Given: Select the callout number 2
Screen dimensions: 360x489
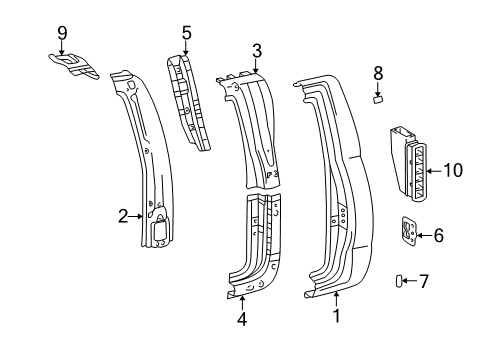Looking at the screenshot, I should tap(123, 214).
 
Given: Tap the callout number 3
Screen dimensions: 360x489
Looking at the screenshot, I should tap(257, 50).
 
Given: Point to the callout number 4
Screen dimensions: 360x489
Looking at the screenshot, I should tap(240, 320).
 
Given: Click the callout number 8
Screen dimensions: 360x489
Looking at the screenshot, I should tap(377, 72).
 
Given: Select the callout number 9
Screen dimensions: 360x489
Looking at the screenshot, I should tap(62, 32).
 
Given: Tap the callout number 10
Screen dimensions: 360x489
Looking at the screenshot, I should tap(453, 171).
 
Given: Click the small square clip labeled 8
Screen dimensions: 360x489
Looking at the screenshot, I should tap(378, 99).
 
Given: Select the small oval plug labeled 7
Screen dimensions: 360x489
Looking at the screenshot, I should tap(400, 282).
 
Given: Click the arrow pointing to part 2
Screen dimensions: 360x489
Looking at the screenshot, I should tap(137, 214).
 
